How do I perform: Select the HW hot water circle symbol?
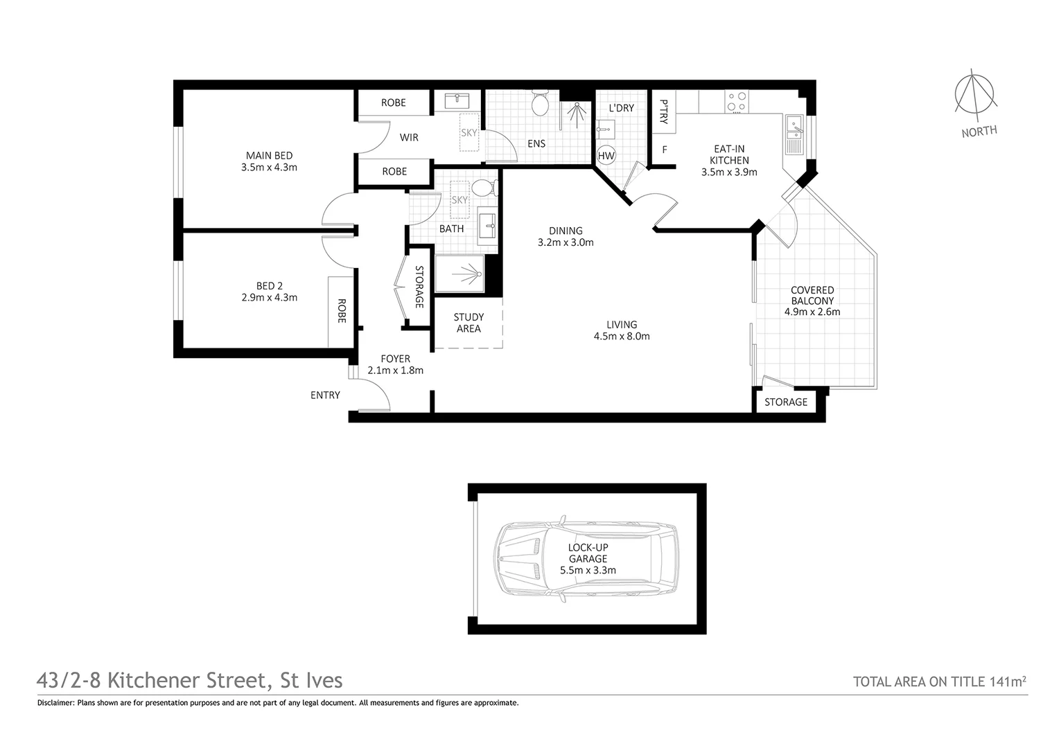click(606, 156)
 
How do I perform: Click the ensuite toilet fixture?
click(540, 105)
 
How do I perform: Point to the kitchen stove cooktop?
click(735, 103)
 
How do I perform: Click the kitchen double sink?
click(794, 135)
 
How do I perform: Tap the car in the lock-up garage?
click(586, 560)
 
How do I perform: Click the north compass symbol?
click(976, 96)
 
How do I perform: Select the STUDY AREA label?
click(469, 323)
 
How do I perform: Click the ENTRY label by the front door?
click(325, 395)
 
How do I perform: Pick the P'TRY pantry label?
click(664, 112)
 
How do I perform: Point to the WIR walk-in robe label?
click(409, 137)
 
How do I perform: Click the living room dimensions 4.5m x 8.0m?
click(622, 337)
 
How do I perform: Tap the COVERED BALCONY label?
click(812, 295)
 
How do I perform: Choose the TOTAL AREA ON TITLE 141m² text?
click(939, 682)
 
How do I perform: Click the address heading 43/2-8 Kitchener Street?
click(189, 680)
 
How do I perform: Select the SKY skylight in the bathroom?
click(460, 199)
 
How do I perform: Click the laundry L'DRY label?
click(621, 108)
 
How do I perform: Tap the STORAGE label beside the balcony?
click(785, 402)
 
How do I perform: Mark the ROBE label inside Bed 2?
click(341, 311)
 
